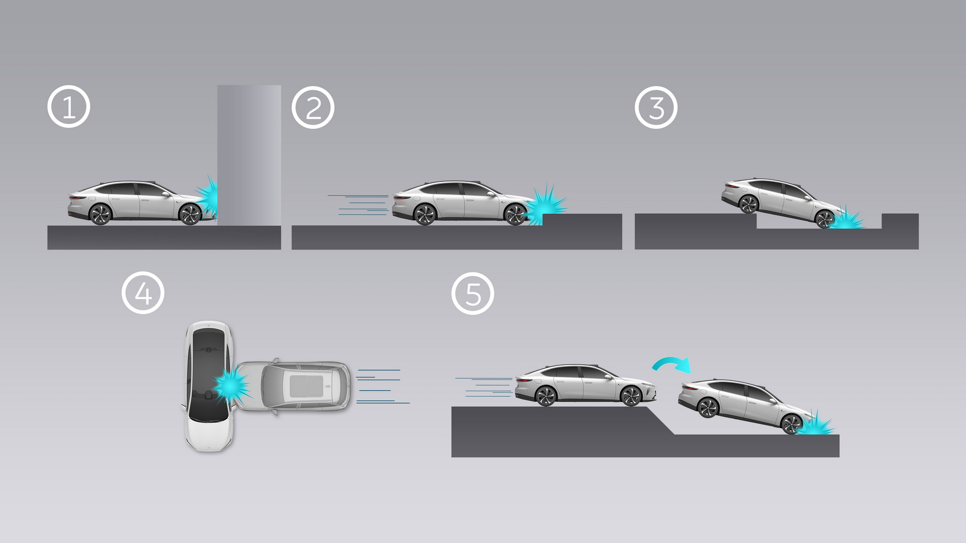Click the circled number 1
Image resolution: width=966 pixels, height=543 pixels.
coord(69,107)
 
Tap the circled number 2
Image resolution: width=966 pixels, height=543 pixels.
coord(313,108)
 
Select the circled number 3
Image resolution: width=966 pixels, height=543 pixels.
coord(656,108)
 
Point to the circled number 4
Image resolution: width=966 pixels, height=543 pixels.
coord(143,293)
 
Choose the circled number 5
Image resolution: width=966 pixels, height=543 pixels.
coord(473,294)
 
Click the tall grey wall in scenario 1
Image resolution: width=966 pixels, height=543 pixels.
coord(249,151)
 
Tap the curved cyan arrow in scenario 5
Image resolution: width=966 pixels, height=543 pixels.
coord(672,364)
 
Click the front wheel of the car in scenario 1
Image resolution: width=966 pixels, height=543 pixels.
coord(190,215)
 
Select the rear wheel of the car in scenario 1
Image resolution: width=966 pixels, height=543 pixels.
coord(100,215)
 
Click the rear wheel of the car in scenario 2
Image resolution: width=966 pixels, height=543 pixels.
coord(424,215)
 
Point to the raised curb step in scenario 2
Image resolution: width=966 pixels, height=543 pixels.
coord(582,220)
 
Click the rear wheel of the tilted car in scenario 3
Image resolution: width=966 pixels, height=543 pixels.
coord(748,204)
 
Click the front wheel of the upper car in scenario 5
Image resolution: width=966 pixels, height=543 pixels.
coord(631,396)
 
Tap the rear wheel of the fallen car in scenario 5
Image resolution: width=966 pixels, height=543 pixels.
coord(708,408)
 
